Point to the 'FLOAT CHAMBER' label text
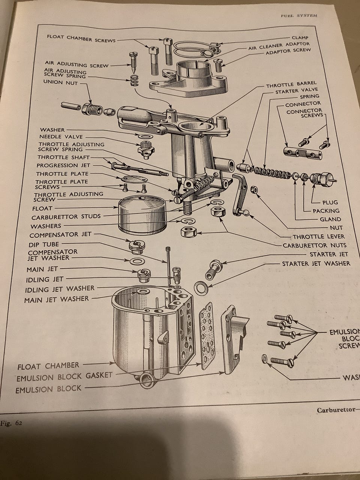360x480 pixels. tap(48, 366)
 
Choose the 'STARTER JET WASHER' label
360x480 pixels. tap(316, 263)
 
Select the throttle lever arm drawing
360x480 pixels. tap(240, 195)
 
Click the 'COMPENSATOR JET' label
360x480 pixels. tap(60, 235)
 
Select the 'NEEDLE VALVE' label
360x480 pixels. tap(61, 137)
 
